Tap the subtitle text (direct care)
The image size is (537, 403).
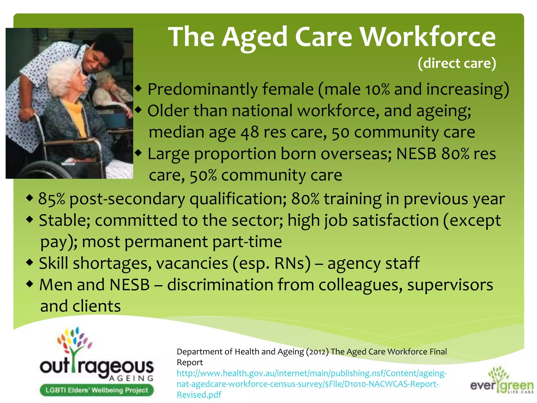(x=457, y=63)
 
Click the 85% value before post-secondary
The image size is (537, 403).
(x=51, y=199)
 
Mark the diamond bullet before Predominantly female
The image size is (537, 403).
(x=138, y=89)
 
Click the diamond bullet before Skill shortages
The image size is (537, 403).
(x=30, y=262)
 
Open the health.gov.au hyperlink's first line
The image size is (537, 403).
(x=312, y=373)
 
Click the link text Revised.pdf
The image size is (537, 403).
(x=199, y=395)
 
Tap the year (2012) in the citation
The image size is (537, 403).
(x=317, y=352)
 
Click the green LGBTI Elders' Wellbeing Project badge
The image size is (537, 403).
(x=96, y=390)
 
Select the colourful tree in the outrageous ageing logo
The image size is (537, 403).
(x=74, y=344)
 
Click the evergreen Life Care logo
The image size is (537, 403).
(x=502, y=380)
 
